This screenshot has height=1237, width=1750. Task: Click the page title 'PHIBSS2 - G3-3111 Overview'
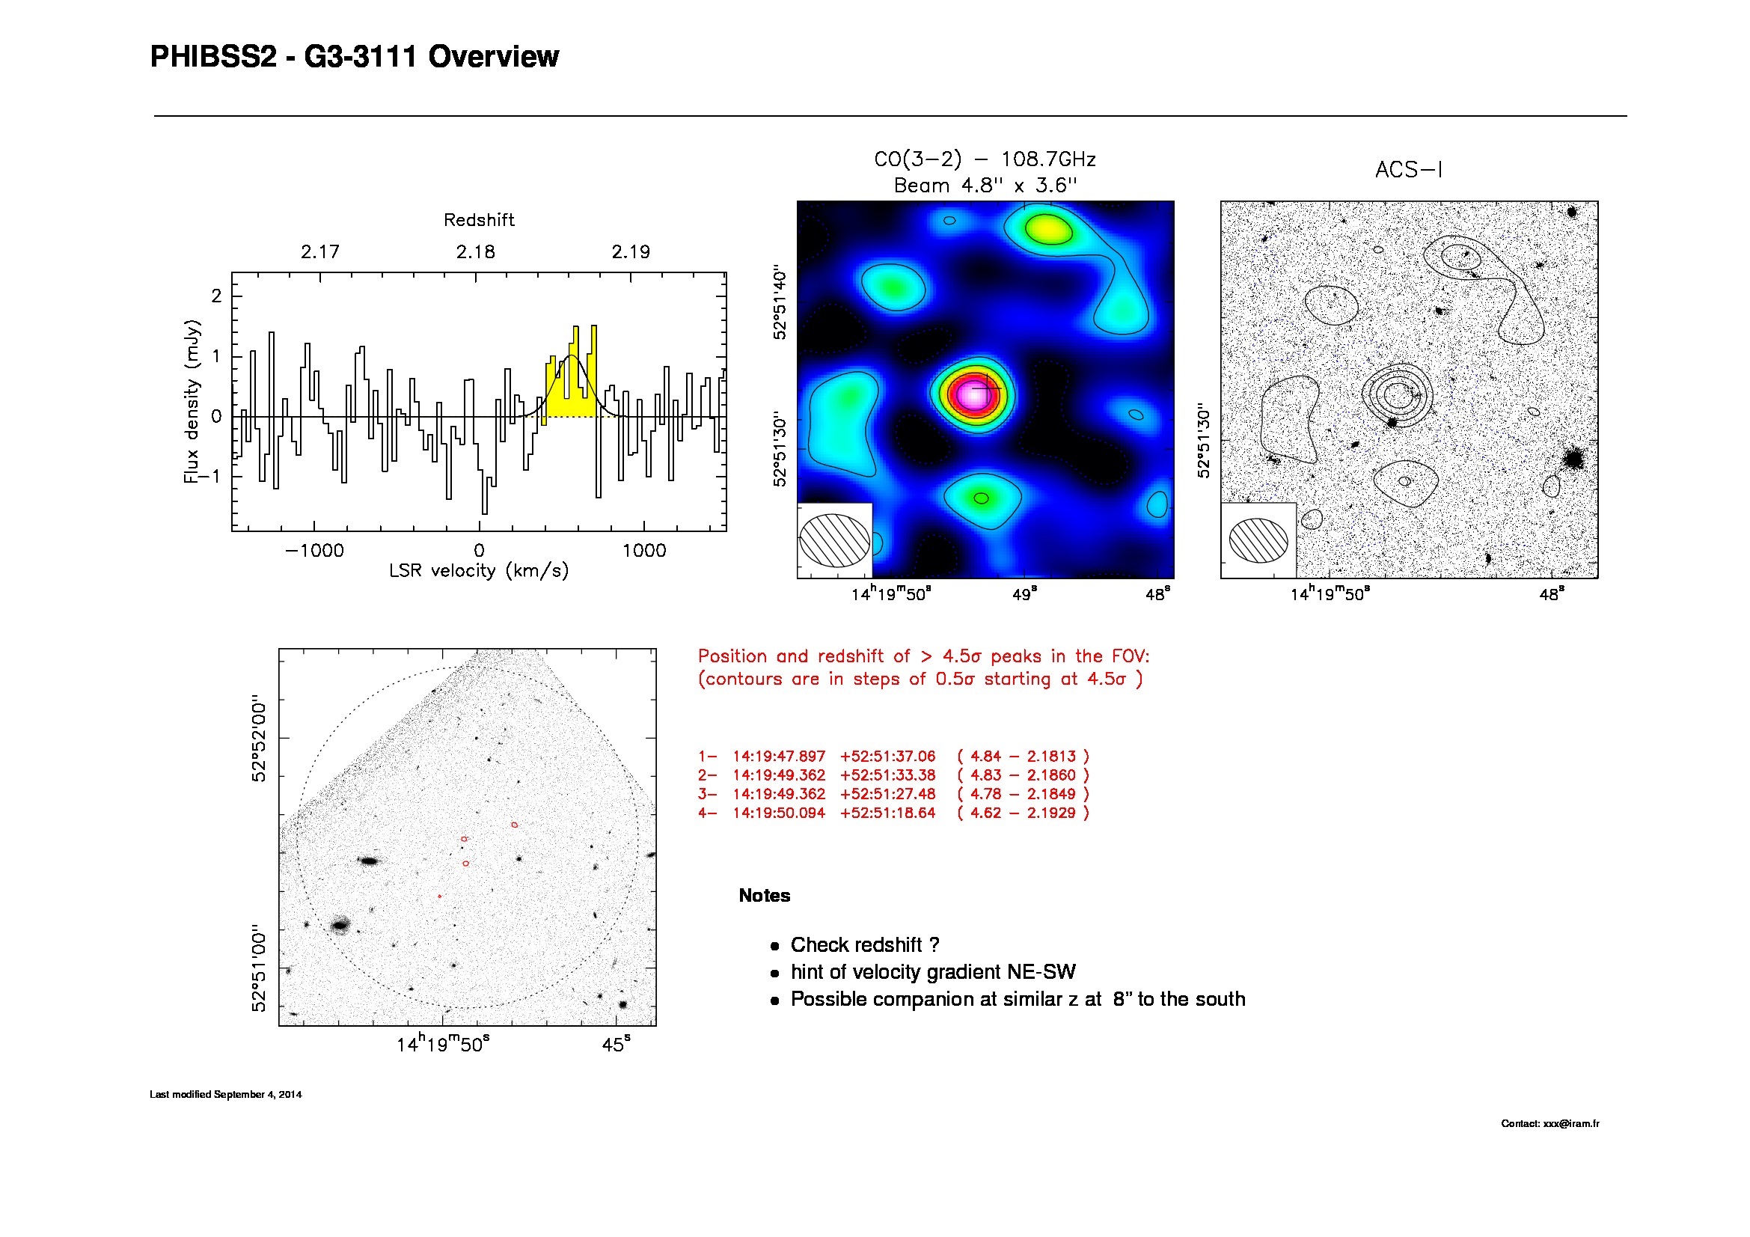(355, 57)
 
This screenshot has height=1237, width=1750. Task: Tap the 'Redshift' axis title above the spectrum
(479, 220)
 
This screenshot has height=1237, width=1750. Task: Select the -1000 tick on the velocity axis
(314, 551)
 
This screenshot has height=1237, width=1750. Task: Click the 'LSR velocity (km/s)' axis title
(479, 571)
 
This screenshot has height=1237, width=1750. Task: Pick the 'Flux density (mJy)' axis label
(192, 402)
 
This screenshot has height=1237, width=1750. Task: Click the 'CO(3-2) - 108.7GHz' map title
(985, 159)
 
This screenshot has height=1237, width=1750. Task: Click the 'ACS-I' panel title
(1409, 170)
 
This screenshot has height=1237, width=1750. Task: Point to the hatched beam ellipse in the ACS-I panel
(1258, 540)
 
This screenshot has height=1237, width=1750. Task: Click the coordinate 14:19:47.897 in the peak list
(779, 757)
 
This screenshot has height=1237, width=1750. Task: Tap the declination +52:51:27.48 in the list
(887, 794)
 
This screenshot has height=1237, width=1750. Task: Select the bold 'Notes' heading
(765, 896)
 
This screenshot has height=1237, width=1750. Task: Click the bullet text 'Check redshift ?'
(864, 945)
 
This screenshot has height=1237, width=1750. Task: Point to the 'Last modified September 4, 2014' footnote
(226, 1095)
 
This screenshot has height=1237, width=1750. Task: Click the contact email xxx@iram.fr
(1571, 1123)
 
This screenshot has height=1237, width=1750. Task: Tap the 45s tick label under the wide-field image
(616, 1044)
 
